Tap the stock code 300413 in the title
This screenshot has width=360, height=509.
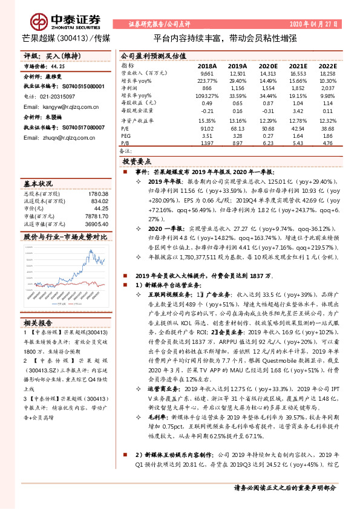pyautogui.click(x=73, y=38)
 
